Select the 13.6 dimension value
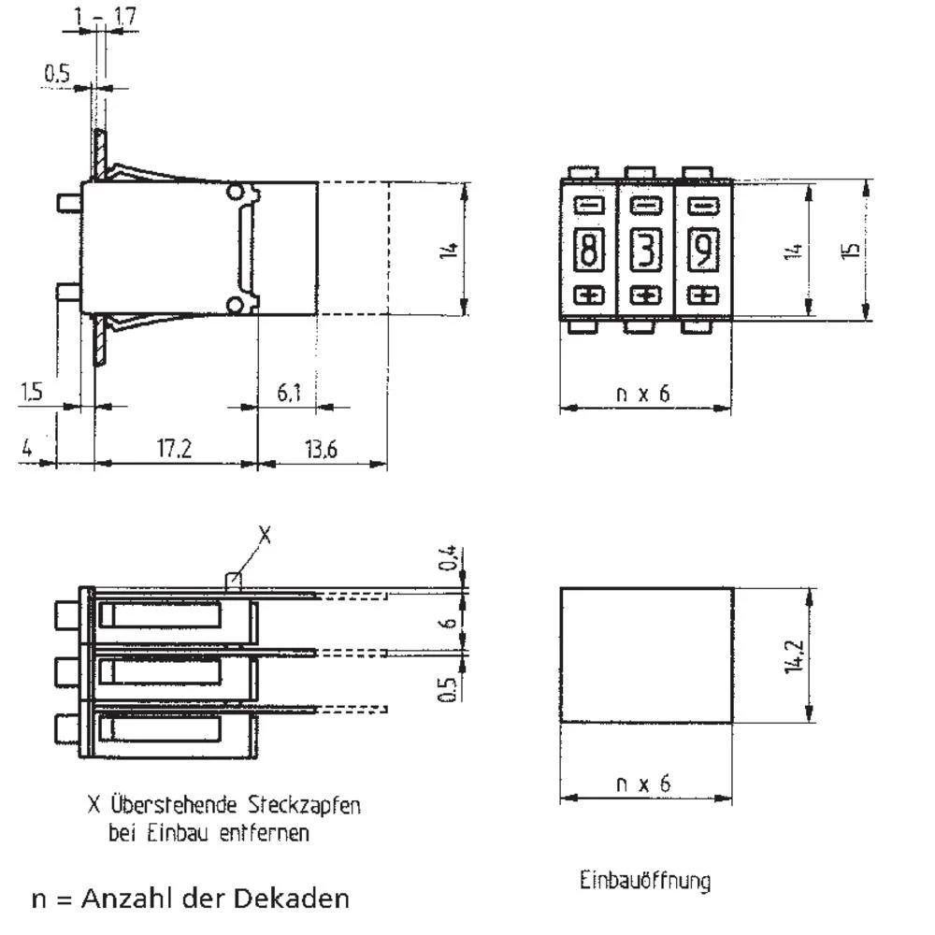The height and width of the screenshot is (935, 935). pyautogui.click(x=320, y=450)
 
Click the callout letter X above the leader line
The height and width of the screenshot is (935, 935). pyautogui.click(x=265, y=535)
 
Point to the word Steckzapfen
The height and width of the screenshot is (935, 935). pyautogui.click(x=305, y=805)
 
